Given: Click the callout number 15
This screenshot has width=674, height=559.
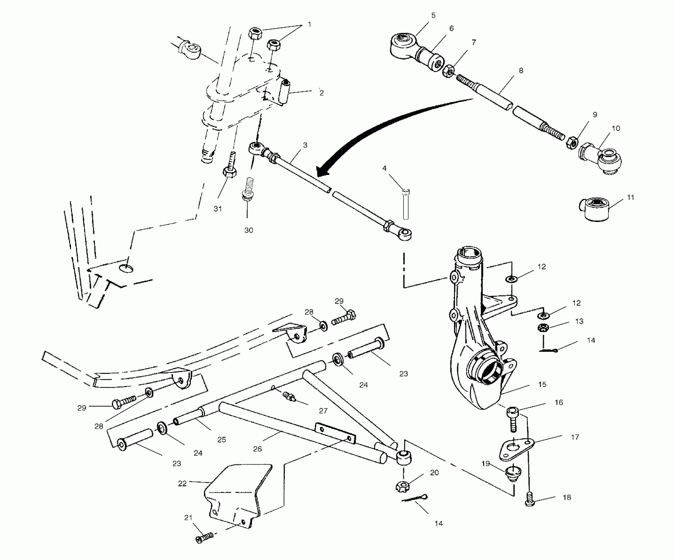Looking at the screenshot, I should tap(542, 384).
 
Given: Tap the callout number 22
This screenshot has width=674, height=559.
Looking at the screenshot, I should tap(182, 483).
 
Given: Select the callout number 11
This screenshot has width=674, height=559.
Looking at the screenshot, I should tap(630, 197).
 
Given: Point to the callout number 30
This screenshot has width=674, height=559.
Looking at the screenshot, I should tap(249, 230).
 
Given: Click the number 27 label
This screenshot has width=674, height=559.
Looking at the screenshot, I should tap(323, 410).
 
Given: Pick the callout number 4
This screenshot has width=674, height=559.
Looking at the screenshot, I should tap(384, 168).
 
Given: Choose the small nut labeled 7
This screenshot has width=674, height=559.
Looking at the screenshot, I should tap(448, 71).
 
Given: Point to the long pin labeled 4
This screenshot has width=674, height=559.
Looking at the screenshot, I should tap(406, 205).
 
